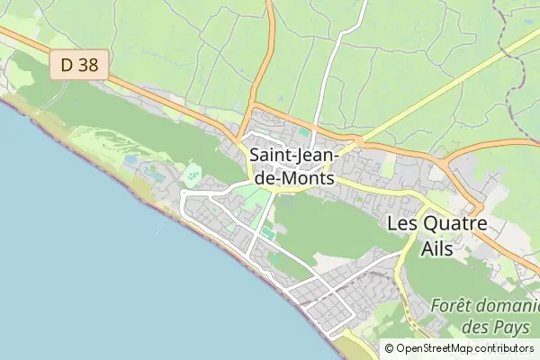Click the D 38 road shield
pyautogui.click(x=79, y=65)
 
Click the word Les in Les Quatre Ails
pyautogui.click(x=404, y=223)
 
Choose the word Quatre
pyautogui.click(x=456, y=223)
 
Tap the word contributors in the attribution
pyautogui.click(x=505, y=348)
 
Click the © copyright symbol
pyautogui.click(x=390, y=348)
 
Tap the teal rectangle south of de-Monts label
pyautogui.click(x=267, y=234)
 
